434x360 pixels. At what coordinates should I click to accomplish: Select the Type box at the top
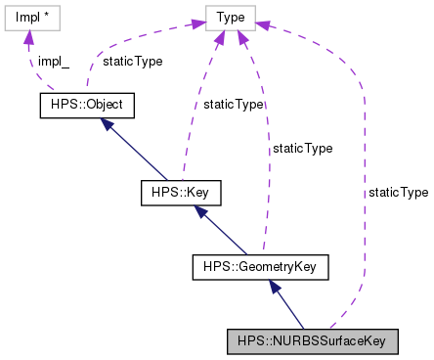coord(231,16)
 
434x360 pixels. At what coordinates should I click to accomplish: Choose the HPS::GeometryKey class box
coord(260,265)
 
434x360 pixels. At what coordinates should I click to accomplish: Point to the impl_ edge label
coord(55,60)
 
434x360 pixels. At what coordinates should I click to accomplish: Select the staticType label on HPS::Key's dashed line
coord(234,104)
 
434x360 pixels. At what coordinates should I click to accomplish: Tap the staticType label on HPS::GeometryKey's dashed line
coord(302,149)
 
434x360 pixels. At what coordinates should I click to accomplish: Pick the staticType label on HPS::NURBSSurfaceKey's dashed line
coord(398,193)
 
